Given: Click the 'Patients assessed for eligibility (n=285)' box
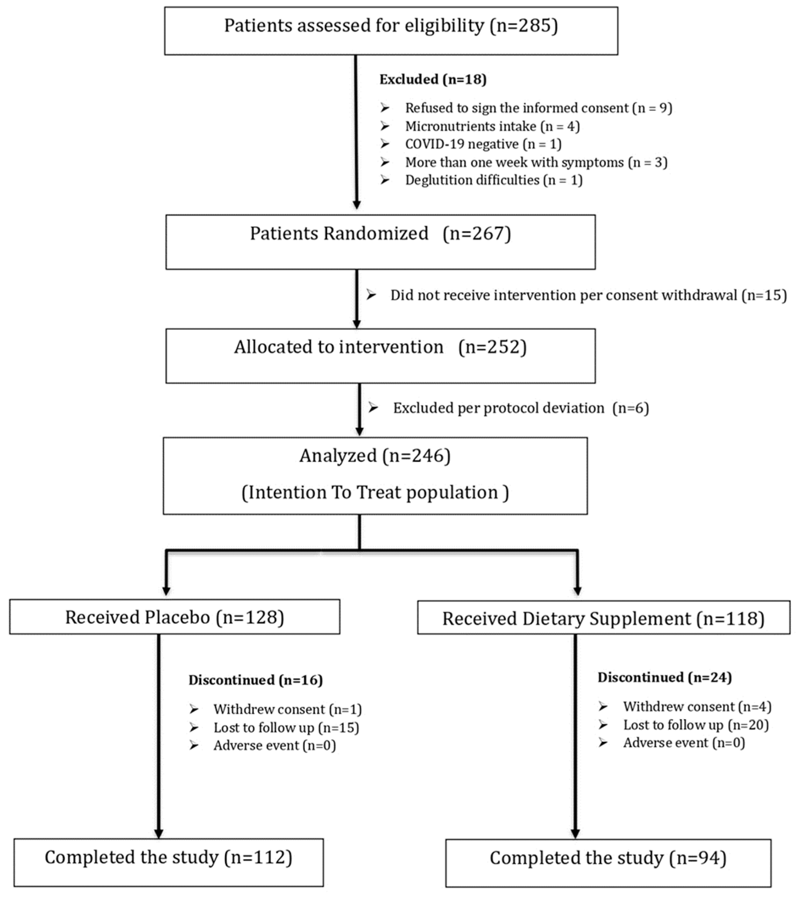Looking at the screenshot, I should pos(391,31).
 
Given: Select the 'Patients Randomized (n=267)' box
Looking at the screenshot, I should pos(380,242).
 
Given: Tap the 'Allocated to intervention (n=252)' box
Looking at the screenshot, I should pos(380,355).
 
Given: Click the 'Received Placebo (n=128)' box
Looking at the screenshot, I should pos(174,617).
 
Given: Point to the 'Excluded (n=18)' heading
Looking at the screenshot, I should pos(433,79).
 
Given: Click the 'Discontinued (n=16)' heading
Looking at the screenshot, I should pos(256,680).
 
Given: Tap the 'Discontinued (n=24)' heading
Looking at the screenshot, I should pos(664,677).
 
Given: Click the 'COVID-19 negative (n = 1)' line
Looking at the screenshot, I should pos(483,144).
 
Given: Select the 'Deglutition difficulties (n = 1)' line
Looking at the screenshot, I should pos(493,180).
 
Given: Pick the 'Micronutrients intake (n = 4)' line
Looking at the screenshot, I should pos(492,126).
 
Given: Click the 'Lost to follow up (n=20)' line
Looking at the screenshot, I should pos(695,724).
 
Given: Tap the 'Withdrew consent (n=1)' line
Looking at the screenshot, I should pos(287,709).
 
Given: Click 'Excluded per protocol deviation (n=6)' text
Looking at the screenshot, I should pos(520,408).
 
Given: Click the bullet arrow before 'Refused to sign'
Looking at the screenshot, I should pos(385,108).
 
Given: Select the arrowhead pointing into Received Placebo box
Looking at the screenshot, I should pos(166,590).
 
